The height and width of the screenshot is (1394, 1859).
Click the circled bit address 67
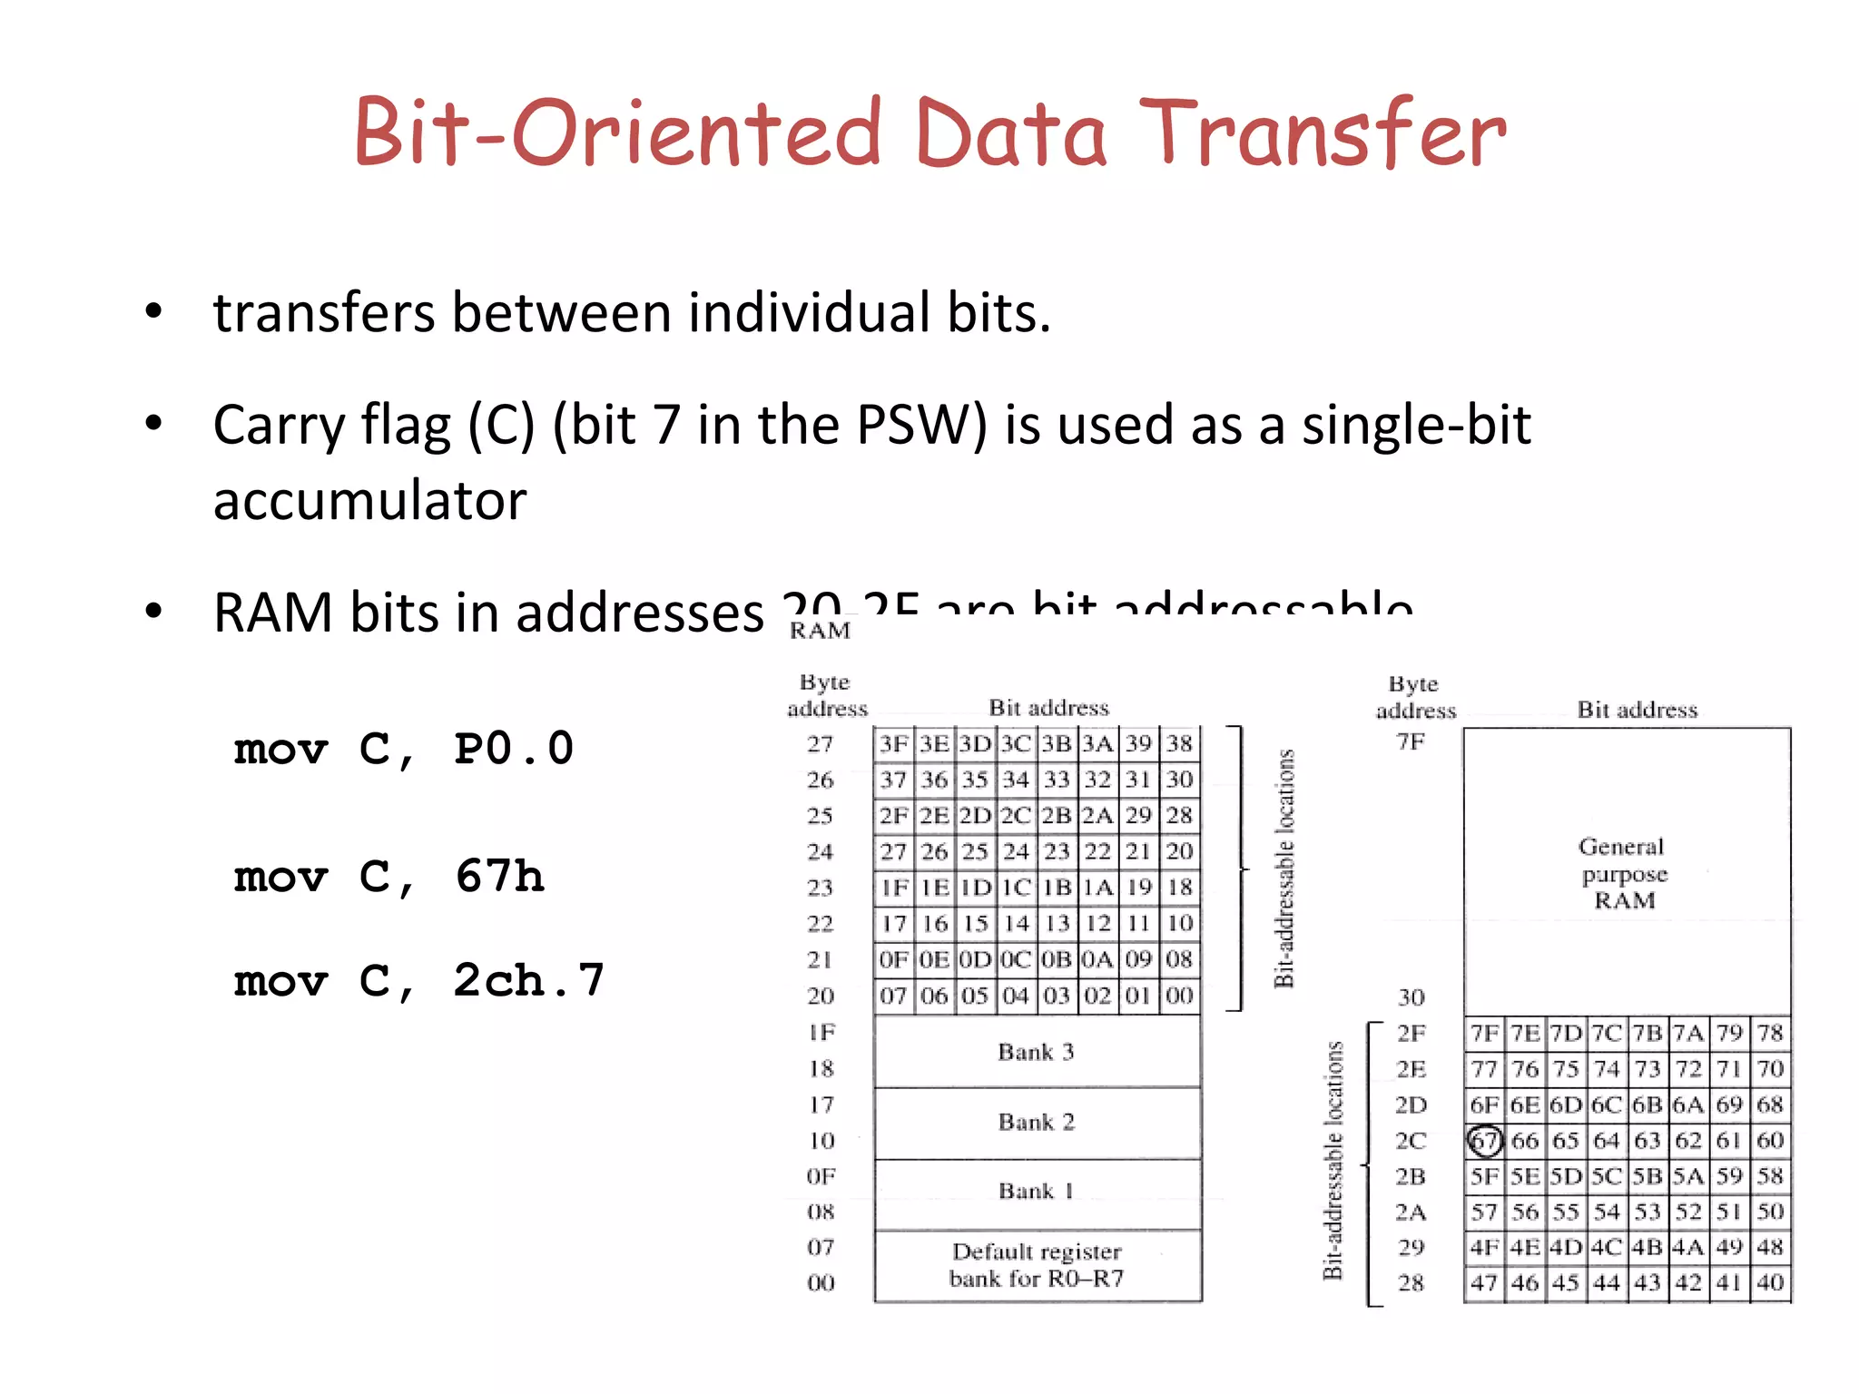1484,1141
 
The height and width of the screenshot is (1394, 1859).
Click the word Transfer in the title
1323,133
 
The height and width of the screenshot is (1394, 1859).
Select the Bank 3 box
1037,1052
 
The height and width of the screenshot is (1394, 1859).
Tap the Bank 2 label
1037,1123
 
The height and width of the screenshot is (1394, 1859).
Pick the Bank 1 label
1037,1191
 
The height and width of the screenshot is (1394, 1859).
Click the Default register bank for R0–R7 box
1037,1265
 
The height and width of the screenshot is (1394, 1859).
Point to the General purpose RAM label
1624,873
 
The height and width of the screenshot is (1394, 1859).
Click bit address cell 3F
893,744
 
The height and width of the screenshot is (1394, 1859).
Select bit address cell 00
1179,996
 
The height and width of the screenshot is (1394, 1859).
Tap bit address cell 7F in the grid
1484,1033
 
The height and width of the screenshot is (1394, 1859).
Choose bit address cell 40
1770,1282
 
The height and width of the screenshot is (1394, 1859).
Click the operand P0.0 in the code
514,750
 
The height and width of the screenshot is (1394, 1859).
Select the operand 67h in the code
500,877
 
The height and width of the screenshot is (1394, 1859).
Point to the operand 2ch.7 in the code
528,981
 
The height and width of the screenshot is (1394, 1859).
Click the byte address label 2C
1411,1141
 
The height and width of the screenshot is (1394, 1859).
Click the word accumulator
369,500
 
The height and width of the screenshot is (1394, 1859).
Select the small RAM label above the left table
820,630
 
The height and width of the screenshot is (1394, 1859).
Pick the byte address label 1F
821,1033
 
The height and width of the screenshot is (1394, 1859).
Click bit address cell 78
1770,1033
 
